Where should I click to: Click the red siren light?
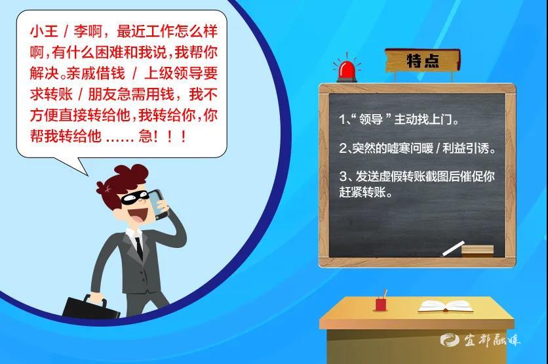[x=347, y=71]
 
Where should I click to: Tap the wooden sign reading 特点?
[x=423, y=60]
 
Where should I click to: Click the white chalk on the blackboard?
[x=453, y=249]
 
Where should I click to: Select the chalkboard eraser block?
[x=477, y=251]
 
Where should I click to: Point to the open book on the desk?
[x=446, y=306]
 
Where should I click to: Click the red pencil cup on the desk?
[x=382, y=304]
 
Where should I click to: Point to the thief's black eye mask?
[x=134, y=197]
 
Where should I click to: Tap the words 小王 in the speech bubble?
[x=44, y=31]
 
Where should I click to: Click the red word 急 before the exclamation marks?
[x=146, y=136]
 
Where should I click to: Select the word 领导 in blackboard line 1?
[x=371, y=120]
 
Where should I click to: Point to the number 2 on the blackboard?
[x=342, y=149]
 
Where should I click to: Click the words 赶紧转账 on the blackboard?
[x=362, y=192]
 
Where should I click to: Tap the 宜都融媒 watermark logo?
[x=480, y=340]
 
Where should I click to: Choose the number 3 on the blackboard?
[x=342, y=176]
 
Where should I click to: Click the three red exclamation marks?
[x=170, y=136]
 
